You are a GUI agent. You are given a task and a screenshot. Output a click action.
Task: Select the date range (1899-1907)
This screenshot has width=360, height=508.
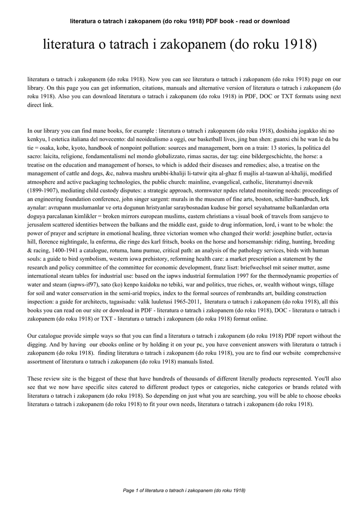(44, 190)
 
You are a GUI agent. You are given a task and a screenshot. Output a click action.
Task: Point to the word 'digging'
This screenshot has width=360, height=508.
(38, 344)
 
